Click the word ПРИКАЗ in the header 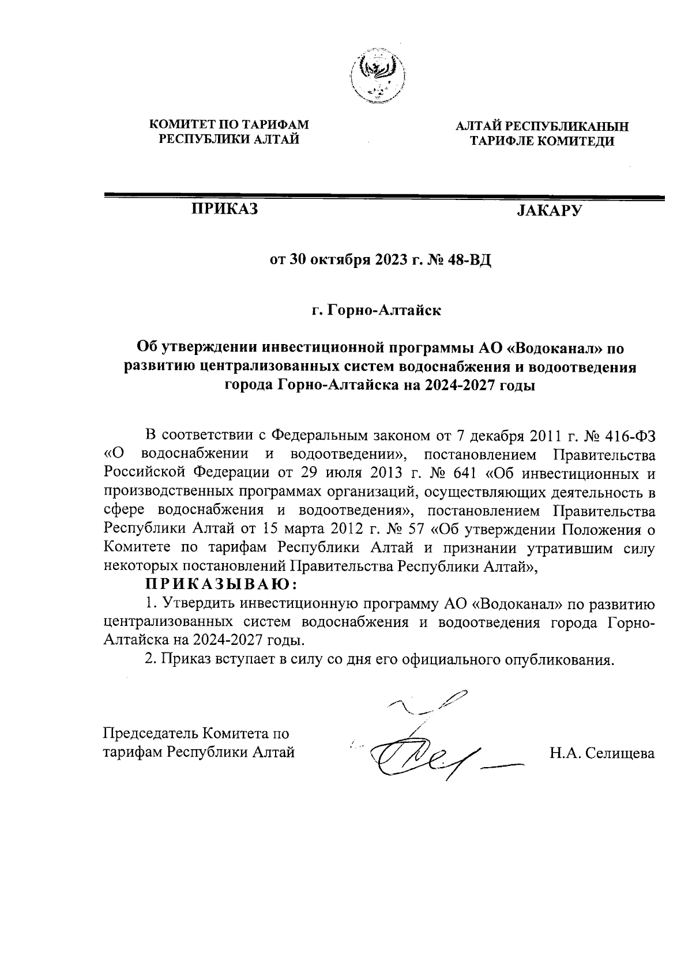[224, 209]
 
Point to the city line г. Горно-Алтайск [377, 311]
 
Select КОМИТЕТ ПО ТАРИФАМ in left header [230, 124]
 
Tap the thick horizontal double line [383, 198]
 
